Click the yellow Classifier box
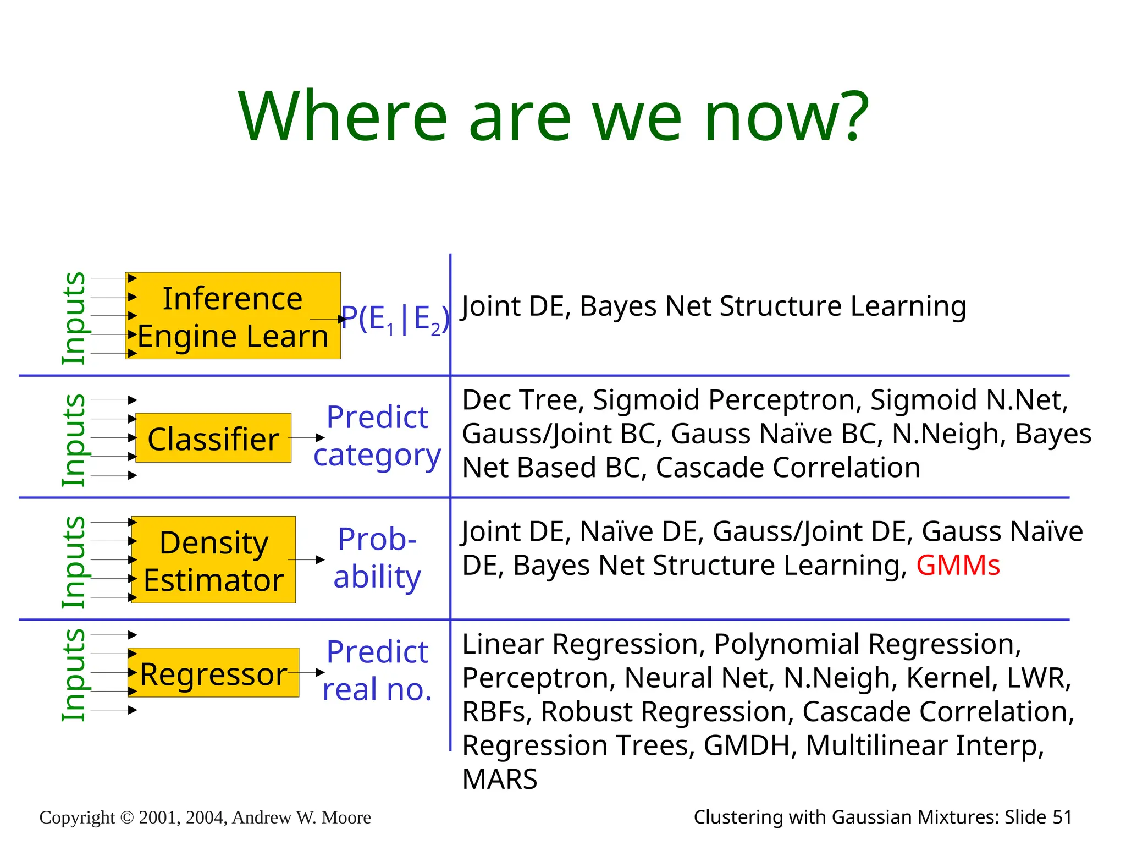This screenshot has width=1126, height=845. (x=213, y=438)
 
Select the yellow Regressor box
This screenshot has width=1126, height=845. (x=213, y=672)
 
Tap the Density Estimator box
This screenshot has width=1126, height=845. (x=213, y=560)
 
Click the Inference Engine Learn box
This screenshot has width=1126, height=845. (x=233, y=316)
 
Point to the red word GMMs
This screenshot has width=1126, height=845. (x=958, y=566)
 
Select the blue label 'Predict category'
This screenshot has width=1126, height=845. (x=377, y=436)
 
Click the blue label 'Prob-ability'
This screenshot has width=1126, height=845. (x=377, y=558)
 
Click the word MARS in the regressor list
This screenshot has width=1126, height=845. (x=499, y=779)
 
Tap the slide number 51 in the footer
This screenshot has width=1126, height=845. (x=1062, y=817)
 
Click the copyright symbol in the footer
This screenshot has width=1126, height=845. (x=126, y=818)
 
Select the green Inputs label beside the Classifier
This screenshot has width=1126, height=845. (x=74, y=440)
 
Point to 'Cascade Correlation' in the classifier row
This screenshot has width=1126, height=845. (x=787, y=468)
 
